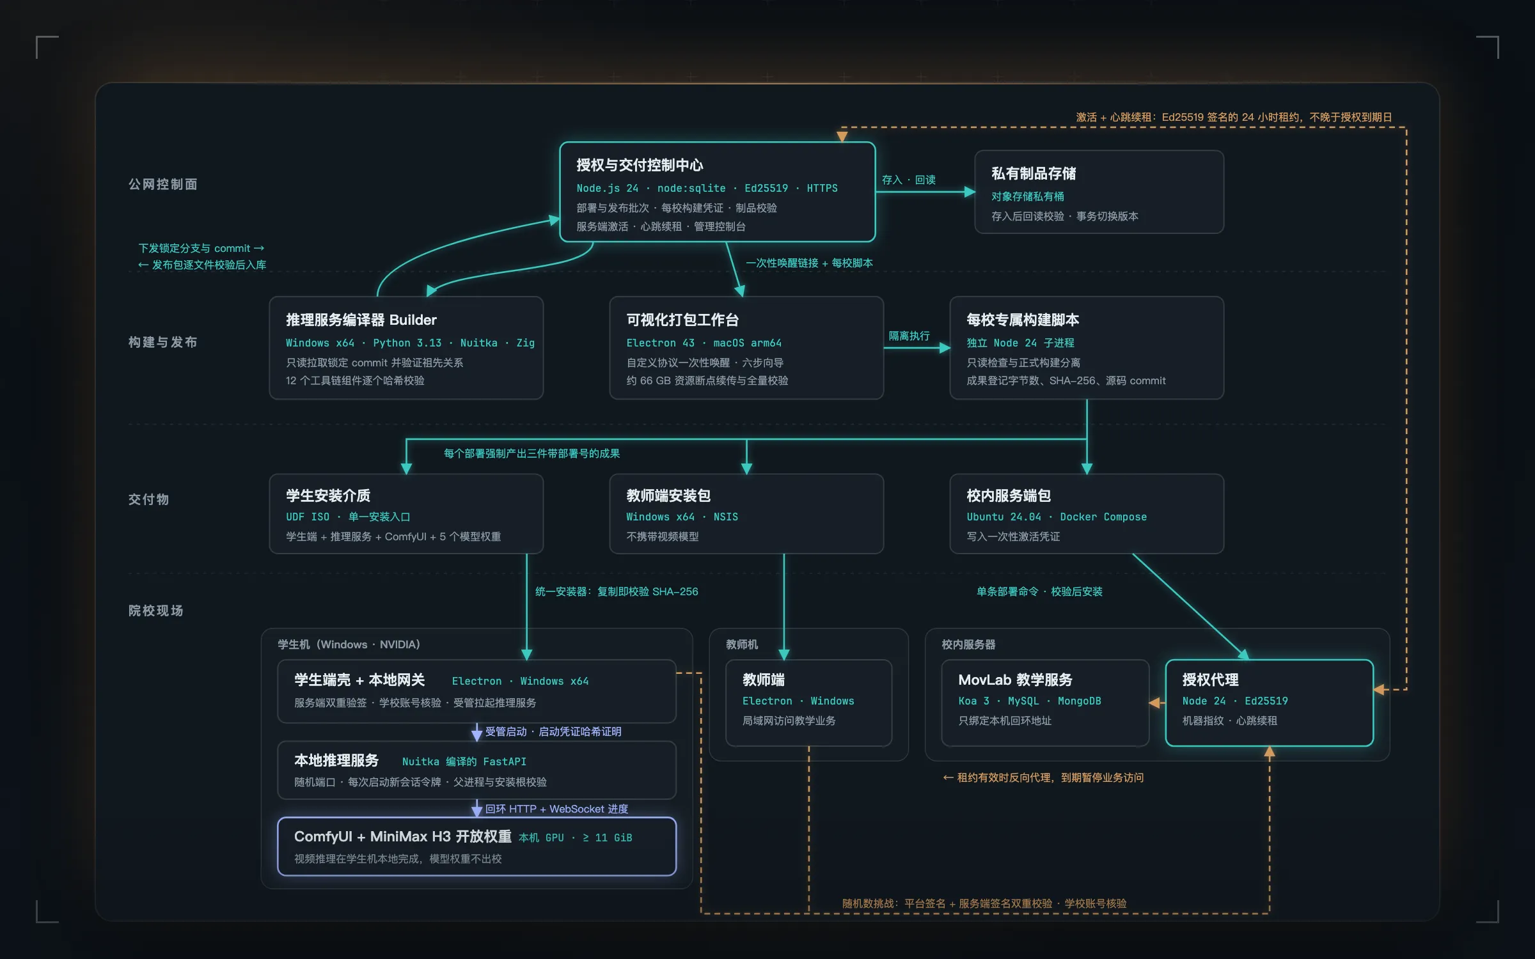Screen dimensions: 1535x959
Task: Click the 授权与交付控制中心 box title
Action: click(x=640, y=165)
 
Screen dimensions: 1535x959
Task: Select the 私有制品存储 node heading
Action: click(x=1034, y=173)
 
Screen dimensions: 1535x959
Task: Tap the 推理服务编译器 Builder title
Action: click(x=361, y=320)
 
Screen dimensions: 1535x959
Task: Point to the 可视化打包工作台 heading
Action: click(x=682, y=320)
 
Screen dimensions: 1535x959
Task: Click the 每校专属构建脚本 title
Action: click(x=1023, y=320)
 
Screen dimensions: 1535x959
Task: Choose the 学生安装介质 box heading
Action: click(x=328, y=495)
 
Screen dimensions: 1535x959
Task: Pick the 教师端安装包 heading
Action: click(x=668, y=495)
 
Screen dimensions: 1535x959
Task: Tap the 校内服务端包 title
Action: click(x=1009, y=495)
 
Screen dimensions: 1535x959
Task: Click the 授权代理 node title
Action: click(x=1210, y=680)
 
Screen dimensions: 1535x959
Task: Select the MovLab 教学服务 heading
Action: click(x=1015, y=680)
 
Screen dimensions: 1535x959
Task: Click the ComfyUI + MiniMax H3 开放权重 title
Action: click(x=403, y=836)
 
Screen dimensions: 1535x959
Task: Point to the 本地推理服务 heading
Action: click(x=336, y=760)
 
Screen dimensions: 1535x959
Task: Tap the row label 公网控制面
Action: click(x=162, y=184)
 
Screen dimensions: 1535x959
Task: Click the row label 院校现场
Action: click(x=155, y=611)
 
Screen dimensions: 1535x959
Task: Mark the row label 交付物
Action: click(x=148, y=499)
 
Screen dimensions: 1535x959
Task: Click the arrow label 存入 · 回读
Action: click(x=908, y=180)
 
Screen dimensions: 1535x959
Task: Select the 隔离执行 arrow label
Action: click(x=909, y=336)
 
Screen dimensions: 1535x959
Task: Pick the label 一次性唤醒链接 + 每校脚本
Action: click(x=809, y=263)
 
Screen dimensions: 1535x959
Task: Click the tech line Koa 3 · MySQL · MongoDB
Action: click(x=1030, y=701)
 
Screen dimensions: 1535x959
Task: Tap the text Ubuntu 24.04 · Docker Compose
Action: click(x=1057, y=517)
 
